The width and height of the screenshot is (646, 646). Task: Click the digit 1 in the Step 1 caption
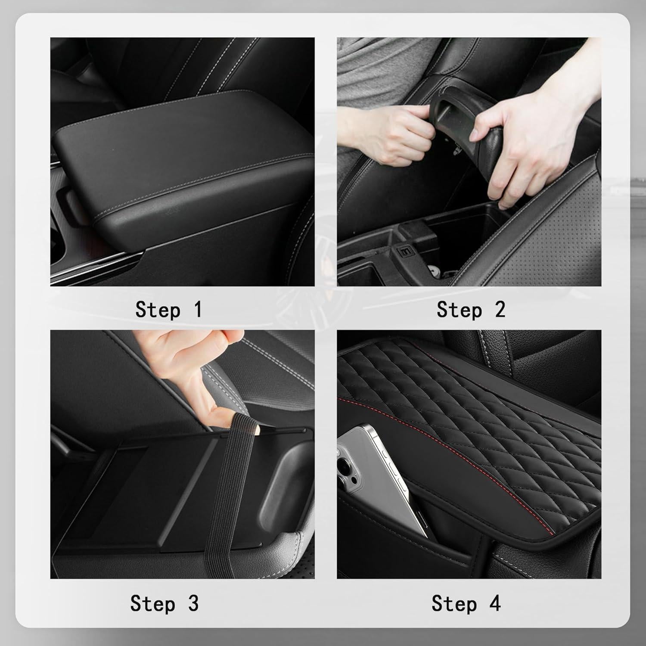198,310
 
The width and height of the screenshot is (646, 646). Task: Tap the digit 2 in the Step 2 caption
500,310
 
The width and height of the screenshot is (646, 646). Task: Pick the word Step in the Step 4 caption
454,604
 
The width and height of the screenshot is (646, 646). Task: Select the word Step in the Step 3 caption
153,604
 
